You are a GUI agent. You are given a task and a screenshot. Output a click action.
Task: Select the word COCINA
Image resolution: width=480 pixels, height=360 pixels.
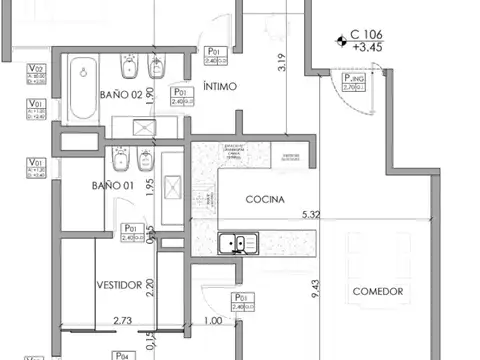tap(265, 199)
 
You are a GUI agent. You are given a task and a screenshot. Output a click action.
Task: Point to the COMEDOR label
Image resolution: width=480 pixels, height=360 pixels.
tap(378, 291)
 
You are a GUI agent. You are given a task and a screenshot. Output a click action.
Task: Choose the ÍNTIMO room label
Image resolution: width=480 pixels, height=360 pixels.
tap(219, 86)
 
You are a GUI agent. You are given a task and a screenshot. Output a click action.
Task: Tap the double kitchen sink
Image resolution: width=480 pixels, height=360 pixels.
tap(237, 242)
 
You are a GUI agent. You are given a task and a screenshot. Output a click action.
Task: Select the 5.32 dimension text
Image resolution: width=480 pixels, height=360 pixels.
tap(311, 213)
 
